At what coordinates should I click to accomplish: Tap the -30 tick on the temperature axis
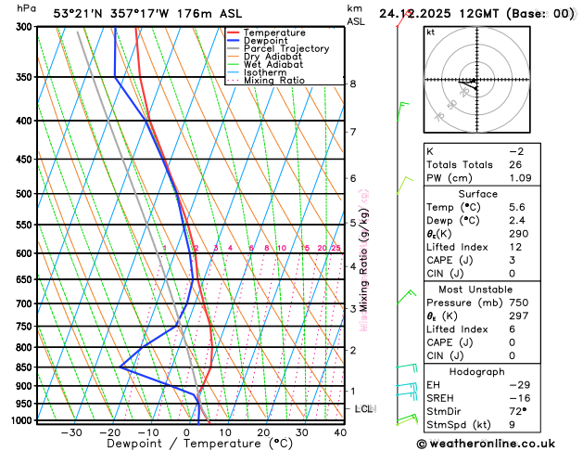(x=71, y=432)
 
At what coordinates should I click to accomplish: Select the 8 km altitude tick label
(x=353, y=84)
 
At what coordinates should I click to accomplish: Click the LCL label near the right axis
(x=364, y=408)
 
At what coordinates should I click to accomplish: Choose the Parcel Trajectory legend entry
(x=285, y=48)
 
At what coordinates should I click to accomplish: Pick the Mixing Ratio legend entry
(x=280, y=80)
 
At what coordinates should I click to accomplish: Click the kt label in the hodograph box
(x=430, y=32)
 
